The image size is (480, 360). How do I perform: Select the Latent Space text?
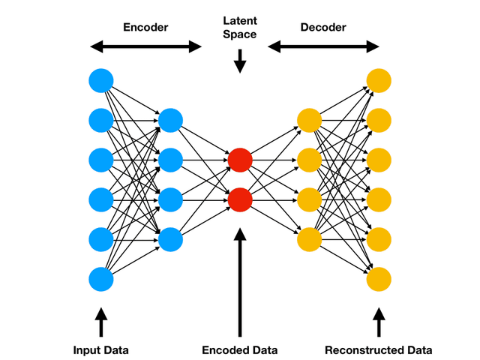point(240,28)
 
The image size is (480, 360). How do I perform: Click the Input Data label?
point(100,350)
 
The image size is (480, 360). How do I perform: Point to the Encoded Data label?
point(240,350)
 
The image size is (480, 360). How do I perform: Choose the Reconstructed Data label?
point(379,350)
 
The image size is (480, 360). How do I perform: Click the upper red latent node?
point(240,160)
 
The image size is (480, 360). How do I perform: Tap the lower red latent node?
point(240,199)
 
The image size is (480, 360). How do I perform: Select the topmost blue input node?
point(100,79)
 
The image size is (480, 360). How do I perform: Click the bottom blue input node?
point(100,279)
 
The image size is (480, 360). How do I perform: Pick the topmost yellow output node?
point(379,79)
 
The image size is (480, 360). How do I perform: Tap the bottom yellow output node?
point(379,279)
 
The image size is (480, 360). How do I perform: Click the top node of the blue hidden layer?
point(170,120)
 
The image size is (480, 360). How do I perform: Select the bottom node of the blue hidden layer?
point(170,239)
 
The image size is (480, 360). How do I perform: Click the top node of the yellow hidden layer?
point(309,120)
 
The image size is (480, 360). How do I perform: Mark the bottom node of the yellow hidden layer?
point(309,239)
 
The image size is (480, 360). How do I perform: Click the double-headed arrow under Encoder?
point(145,47)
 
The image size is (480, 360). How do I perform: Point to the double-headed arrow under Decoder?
point(324,47)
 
